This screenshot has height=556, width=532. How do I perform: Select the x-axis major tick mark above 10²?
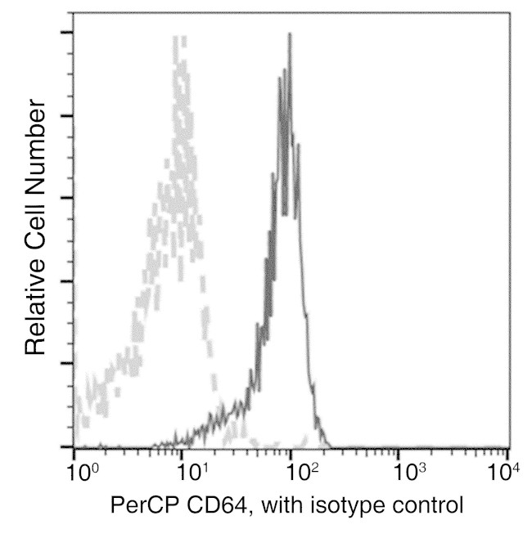click(x=290, y=442)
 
